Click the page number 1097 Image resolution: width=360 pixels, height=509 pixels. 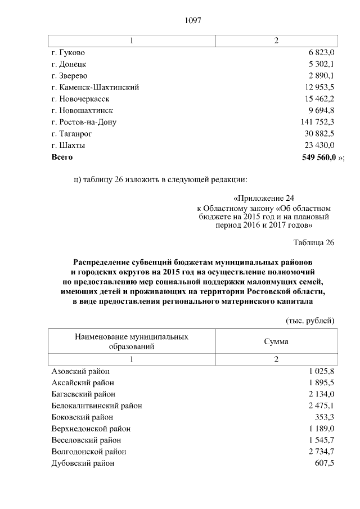tap(192, 21)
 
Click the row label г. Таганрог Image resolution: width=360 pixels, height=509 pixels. tap(71, 134)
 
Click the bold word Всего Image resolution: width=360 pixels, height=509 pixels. tap(62, 157)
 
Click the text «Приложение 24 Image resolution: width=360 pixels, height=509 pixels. tap(263, 199)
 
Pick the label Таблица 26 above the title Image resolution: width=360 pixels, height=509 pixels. tap(314, 242)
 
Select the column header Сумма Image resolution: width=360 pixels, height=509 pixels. tap(276, 341)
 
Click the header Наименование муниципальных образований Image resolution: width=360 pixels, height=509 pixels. tap(131, 341)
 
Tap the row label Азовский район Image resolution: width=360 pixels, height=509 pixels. tap(80, 371)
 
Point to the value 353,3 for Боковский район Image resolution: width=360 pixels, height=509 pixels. tap(325, 417)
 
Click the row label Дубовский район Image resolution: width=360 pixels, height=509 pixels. tap(83, 463)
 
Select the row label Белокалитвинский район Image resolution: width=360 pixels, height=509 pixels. tap(97, 406)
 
